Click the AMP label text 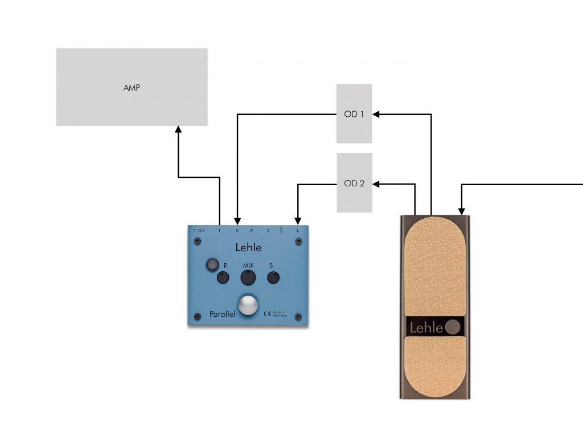132,88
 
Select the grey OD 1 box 354,113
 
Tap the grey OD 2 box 354,183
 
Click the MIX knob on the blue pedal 248,277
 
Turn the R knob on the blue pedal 223,278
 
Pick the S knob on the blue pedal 273,278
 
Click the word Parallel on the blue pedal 222,313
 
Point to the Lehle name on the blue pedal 248,247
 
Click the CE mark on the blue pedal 266,313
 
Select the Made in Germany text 280,313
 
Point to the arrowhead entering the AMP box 178,129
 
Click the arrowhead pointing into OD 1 376,114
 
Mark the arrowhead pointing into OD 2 376,183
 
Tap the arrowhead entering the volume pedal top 461,211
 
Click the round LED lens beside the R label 212,264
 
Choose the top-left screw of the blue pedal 197,242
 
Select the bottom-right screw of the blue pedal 298,317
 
